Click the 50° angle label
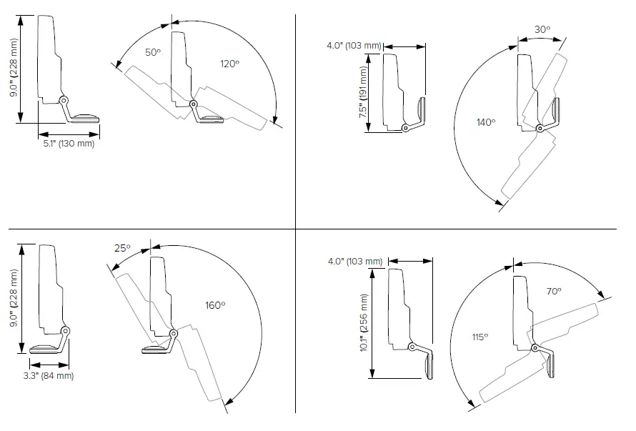(154, 53)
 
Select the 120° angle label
(229, 64)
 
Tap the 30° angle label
(542, 29)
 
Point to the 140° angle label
(486, 122)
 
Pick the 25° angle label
(122, 248)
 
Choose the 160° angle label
(215, 305)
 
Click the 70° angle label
(554, 291)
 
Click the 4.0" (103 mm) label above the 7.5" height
(354, 46)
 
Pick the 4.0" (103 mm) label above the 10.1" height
(354, 261)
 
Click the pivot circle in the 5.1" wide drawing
(64, 101)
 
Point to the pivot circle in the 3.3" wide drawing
(66, 331)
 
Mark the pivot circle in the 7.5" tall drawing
(406, 128)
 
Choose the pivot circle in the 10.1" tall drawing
(412, 347)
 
